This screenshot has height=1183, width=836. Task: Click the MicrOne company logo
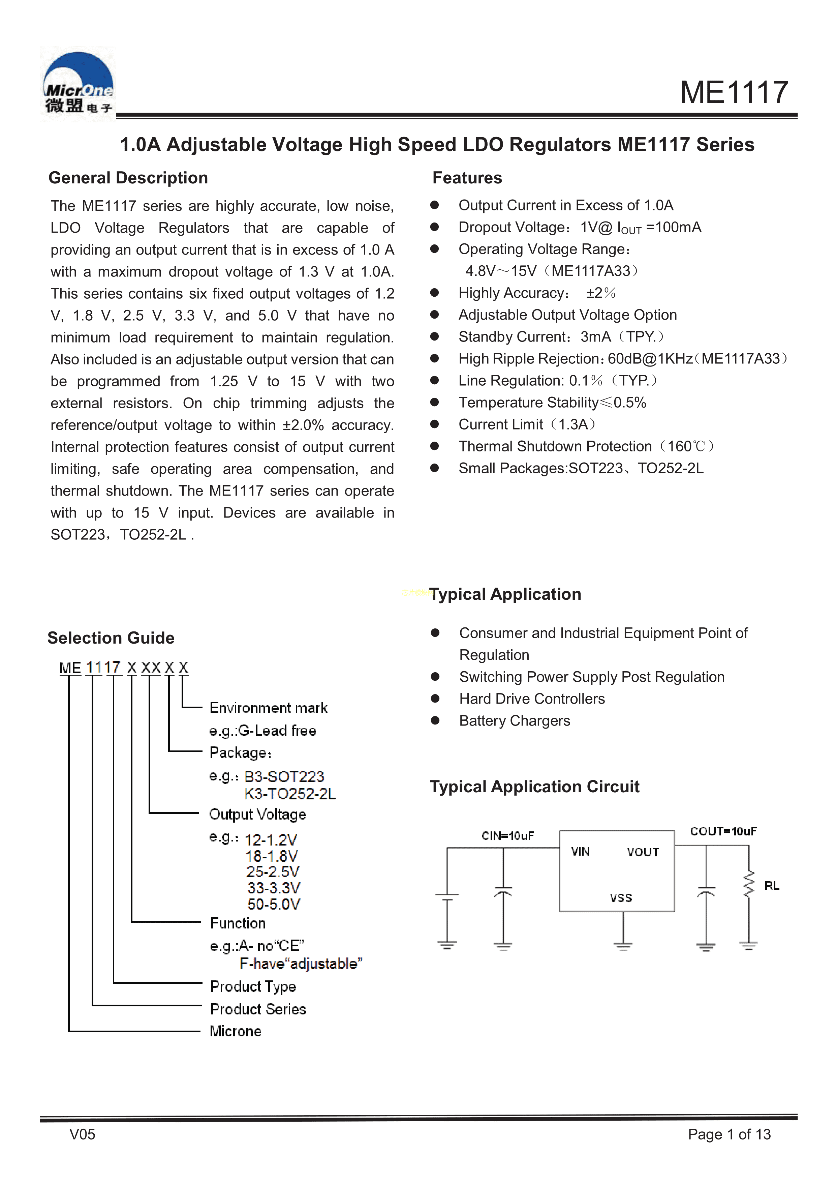click(x=78, y=84)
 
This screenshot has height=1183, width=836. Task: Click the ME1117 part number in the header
click(x=734, y=92)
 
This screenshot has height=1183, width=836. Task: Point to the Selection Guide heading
click(x=111, y=638)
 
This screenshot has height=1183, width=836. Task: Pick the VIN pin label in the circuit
click(x=580, y=852)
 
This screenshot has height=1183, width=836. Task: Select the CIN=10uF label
click(x=507, y=836)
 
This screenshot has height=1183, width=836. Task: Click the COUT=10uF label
click(x=723, y=831)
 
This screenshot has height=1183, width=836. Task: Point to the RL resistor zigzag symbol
click(x=748, y=884)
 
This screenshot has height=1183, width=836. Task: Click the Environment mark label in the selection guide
click(x=268, y=708)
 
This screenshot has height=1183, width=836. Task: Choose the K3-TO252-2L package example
click(x=290, y=794)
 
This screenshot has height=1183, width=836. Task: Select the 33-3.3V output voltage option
click(x=273, y=888)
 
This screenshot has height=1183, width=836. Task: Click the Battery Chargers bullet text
click(x=515, y=721)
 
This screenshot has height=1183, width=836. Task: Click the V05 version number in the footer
click(x=83, y=1134)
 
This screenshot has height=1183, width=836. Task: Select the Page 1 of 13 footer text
click(x=729, y=1134)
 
